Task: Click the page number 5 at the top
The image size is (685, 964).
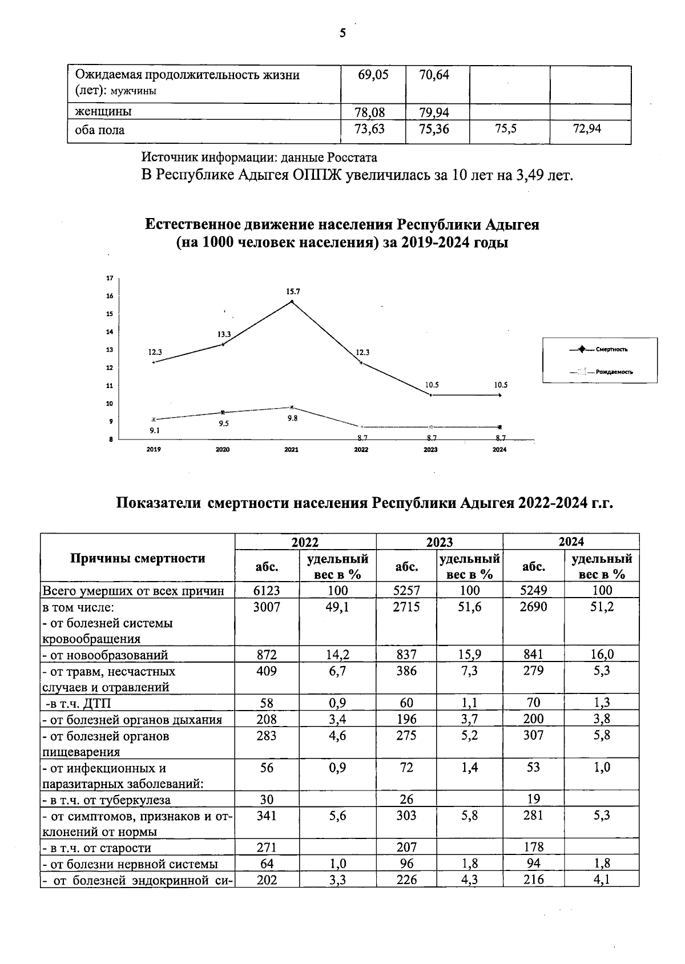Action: tap(342, 34)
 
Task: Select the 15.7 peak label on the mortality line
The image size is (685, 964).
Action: tap(293, 292)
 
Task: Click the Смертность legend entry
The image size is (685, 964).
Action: tap(612, 349)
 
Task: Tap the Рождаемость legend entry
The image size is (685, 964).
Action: tap(614, 372)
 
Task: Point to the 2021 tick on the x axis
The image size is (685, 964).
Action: tap(292, 450)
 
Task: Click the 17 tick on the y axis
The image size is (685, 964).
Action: tap(109, 278)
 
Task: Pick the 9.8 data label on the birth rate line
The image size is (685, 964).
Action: tap(292, 418)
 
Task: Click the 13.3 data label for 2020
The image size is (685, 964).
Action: tap(224, 334)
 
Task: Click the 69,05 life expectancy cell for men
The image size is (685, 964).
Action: tap(373, 75)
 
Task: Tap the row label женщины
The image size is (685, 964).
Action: tap(100, 111)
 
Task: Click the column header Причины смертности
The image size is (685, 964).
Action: tap(138, 558)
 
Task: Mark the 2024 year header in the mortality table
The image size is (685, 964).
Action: tap(571, 542)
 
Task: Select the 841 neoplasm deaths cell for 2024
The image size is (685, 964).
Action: tap(533, 654)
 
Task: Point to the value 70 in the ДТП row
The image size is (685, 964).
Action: tap(533, 703)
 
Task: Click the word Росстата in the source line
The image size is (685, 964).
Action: tap(353, 156)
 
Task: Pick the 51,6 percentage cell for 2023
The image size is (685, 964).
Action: tap(469, 607)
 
